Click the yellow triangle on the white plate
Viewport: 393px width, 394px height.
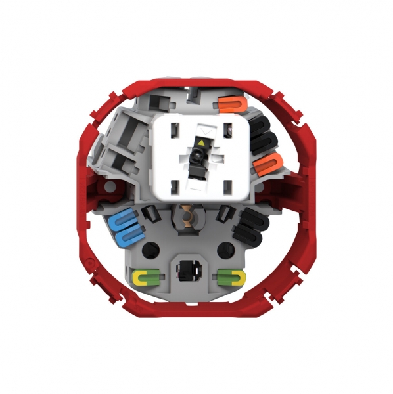pos(200,142)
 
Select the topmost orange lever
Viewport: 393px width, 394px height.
pos(231,104)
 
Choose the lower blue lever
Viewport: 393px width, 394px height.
pos(127,234)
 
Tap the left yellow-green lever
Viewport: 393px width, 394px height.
pos(146,276)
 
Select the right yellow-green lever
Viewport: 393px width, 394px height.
pos(233,276)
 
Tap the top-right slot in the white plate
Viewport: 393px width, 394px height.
pos(227,126)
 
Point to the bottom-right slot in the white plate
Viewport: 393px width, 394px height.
pos(227,186)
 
